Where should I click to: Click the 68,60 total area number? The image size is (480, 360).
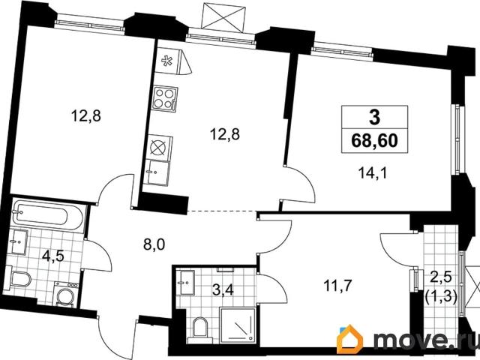(374, 141)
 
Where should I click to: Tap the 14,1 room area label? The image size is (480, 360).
(373, 174)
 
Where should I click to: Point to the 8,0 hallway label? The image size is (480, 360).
(154, 245)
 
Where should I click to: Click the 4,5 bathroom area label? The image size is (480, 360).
(53, 256)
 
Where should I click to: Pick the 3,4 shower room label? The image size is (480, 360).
(223, 290)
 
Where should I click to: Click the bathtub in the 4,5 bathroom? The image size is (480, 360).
(48, 217)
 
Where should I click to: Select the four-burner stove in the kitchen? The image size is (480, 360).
(165, 98)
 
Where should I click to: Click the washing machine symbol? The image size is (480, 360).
(65, 295)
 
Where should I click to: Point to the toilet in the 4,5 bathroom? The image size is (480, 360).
(21, 279)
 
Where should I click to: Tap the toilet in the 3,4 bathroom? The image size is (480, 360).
(200, 328)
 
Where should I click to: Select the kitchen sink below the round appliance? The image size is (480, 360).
(157, 173)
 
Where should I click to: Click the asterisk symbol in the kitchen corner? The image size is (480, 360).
(166, 61)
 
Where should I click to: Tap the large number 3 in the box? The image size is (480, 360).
(374, 118)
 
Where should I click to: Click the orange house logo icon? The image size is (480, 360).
(349, 339)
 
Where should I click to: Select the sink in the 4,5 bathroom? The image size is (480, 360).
(19, 241)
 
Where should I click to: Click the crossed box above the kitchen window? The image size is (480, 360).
(224, 17)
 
